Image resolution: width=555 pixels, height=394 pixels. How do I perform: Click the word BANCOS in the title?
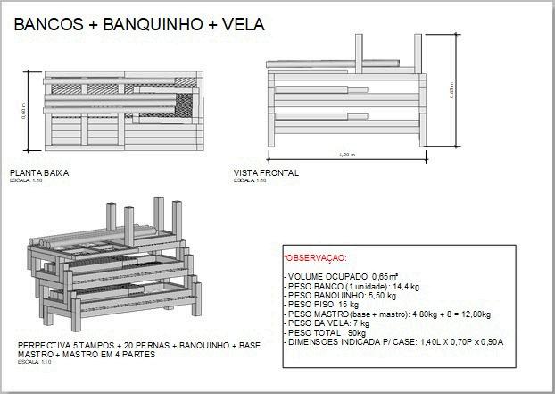coord(47,25)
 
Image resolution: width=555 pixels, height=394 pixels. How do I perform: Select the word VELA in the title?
coord(240,25)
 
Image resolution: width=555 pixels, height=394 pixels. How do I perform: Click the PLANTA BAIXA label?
coord(39,172)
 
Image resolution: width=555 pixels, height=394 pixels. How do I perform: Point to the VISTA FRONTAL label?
coord(266,172)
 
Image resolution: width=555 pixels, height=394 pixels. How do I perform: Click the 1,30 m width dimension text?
coord(347,155)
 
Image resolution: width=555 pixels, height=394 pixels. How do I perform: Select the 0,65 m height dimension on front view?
coord(452,91)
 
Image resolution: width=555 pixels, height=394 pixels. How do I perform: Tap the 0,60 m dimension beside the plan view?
coord(24,110)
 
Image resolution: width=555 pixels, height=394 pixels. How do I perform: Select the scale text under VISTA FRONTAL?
coord(250,180)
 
